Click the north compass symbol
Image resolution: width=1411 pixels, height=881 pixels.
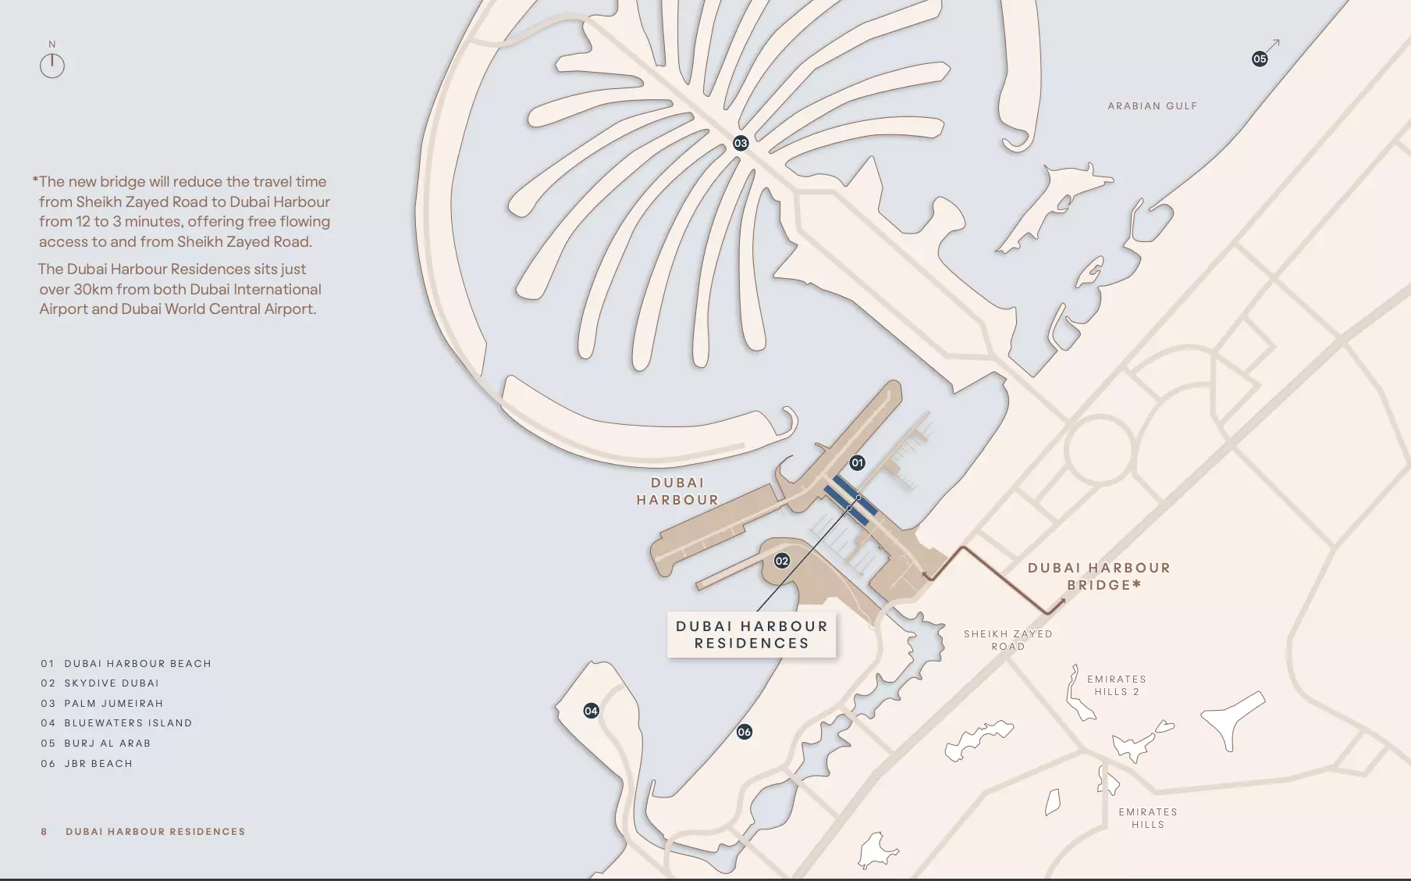click(52, 65)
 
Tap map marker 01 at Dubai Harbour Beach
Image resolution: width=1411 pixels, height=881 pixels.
click(857, 462)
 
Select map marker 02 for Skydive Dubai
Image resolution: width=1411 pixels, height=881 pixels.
click(781, 561)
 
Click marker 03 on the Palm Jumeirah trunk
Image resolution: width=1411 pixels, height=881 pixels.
click(741, 143)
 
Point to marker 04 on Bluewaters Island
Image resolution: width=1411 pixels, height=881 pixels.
click(591, 711)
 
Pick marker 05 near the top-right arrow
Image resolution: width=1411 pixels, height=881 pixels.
click(1260, 59)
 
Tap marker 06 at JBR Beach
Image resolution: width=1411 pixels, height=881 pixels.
click(745, 732)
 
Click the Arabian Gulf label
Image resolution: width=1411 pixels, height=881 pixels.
click(1152, 106)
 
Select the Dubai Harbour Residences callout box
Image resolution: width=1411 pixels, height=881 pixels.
click(752, 635)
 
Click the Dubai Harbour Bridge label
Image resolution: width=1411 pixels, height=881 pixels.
click(1099, 576)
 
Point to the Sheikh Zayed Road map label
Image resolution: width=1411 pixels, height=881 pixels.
click(1008, 640)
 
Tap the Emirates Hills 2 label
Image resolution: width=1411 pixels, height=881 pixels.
click(1116, 685)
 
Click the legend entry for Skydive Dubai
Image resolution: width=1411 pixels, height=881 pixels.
click(112, 683)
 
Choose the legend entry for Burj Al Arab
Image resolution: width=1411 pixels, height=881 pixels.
click(107, 744)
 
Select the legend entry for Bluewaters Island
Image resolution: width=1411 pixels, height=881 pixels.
click(128, 723)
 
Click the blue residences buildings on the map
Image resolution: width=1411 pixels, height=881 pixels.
click(851, 500)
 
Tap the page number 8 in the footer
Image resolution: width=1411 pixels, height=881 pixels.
click(44, 832)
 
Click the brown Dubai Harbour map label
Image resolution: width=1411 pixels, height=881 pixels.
click(677, 491)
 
